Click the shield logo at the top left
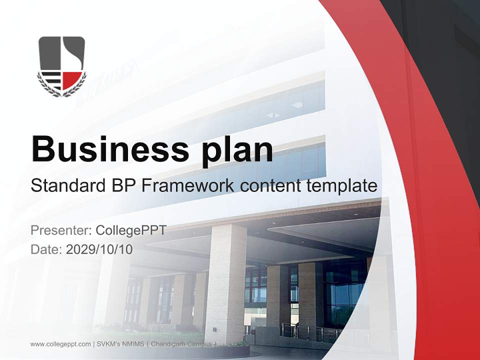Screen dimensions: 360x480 click(61, 65)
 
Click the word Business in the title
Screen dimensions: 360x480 click(110, 148)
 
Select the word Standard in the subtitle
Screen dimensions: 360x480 click(67, 186)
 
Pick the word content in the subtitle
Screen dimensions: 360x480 click(270, 186)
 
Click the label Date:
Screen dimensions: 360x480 click(46, 249)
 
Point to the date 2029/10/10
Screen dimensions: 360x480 click(99, 249)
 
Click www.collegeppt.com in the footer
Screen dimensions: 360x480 click(60, 344)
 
